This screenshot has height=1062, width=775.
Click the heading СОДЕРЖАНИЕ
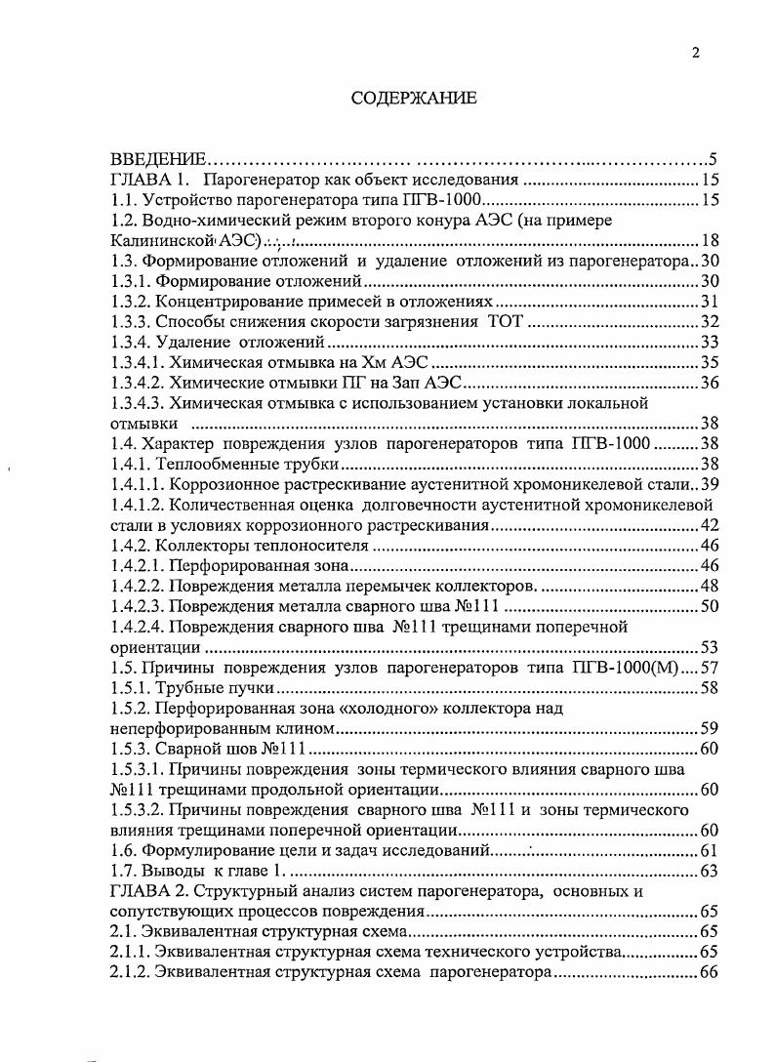[414, 98]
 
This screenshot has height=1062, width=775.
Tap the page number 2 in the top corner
[695, 54]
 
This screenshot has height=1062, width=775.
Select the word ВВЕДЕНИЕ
[158, 159]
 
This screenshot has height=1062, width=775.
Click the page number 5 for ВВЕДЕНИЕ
[714, 159]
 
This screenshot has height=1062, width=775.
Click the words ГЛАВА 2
[147, 891]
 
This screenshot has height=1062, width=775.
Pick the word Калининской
[160, 240]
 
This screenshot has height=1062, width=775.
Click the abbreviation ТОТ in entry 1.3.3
[505, 322]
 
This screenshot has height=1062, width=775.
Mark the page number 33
[710, 343]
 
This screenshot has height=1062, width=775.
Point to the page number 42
[710, 525]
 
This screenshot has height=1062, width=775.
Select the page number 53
[710, 647]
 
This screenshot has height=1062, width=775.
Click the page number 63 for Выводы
[710, 871]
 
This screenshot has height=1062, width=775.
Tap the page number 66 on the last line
[710, 972]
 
